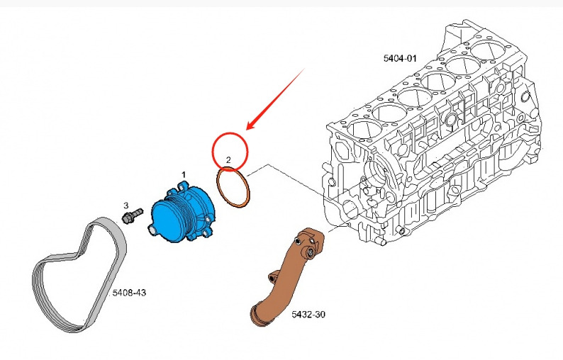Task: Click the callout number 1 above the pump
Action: [x=183, y=174]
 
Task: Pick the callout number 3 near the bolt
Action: [x=126, y=205]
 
